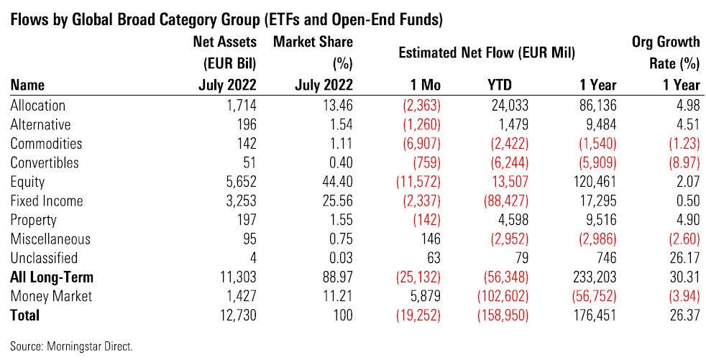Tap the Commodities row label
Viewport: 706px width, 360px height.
tap(46, 144)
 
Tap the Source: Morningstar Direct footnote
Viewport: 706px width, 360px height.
tap(72, 346)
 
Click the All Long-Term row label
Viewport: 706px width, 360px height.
tap(52, 277)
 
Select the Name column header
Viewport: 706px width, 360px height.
tap(25, 86)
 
